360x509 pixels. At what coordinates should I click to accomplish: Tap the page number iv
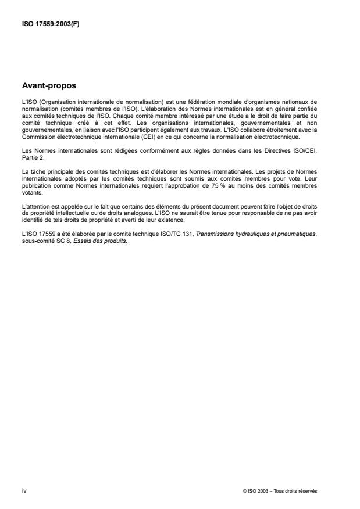click(24, 490)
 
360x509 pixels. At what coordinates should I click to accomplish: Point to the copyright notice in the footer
click(280, 491)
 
